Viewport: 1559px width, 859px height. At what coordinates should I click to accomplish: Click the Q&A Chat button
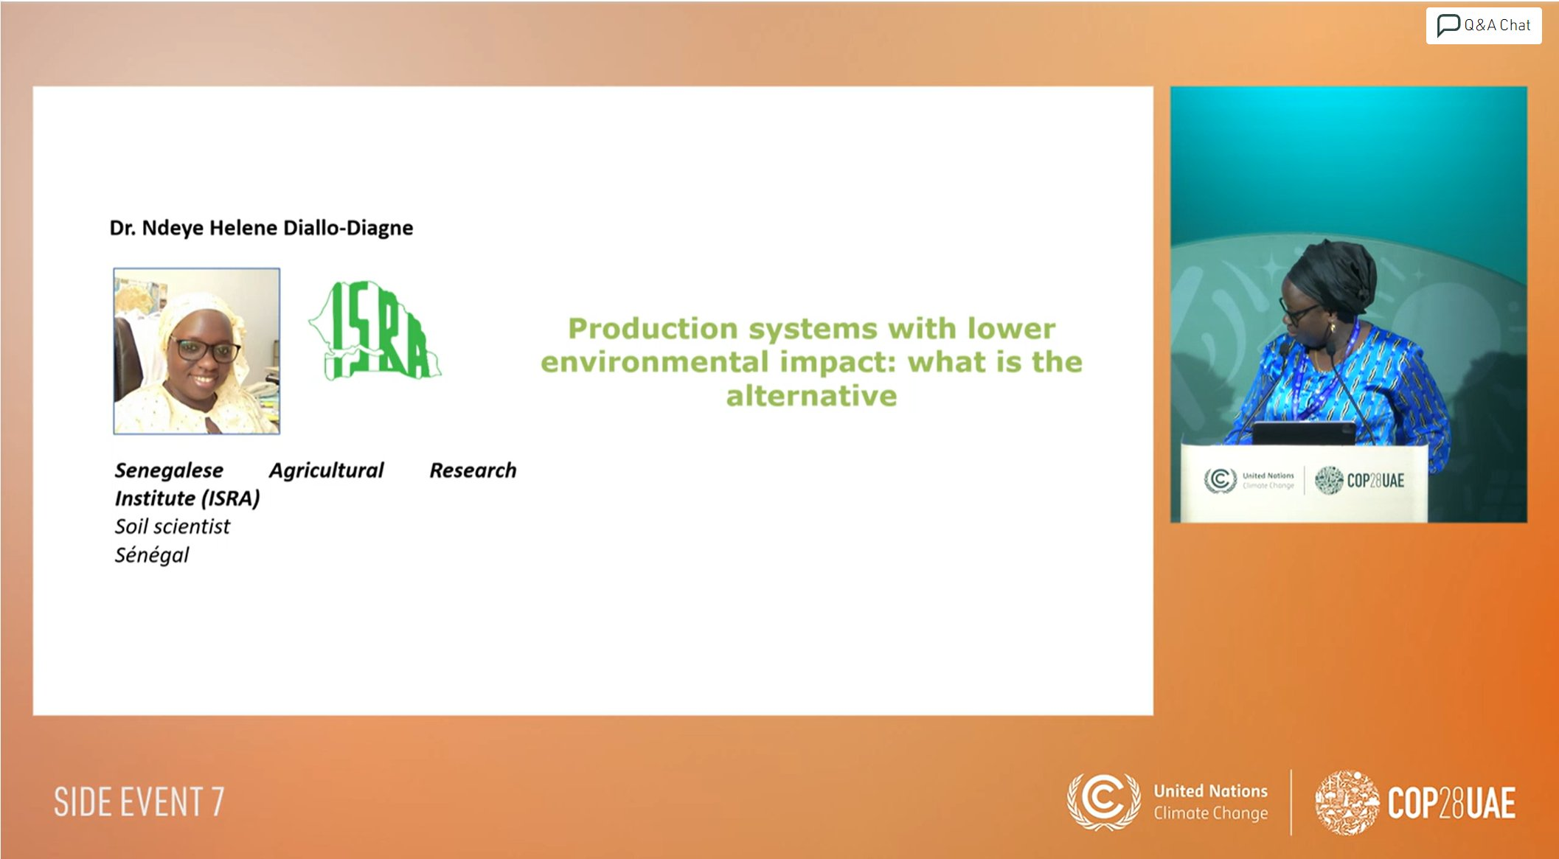click(1483, 26)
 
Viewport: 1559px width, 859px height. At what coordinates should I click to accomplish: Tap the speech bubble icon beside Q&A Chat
click(1448, 25)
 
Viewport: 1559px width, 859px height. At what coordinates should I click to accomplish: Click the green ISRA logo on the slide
click(375, 330)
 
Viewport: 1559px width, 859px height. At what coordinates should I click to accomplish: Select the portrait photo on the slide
click(197, 351)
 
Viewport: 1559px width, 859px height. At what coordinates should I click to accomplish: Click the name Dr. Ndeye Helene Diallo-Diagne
click(261, 228)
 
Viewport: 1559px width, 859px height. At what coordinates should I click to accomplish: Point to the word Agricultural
click(326, 470)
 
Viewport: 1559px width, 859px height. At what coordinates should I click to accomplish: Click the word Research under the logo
click(473, 470)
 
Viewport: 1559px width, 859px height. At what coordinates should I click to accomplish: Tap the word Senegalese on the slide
click(169, 470)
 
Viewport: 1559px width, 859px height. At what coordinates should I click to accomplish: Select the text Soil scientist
click(172, 526)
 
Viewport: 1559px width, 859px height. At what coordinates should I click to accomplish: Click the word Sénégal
click(151, 554)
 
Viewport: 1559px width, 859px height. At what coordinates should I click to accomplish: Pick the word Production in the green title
click(653, 329)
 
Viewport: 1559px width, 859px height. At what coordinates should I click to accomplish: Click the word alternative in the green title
click(812, 396)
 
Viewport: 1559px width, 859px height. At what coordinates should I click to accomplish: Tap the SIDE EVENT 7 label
click(139, 802)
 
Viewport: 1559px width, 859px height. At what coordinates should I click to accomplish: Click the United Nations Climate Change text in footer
click(1210, 802)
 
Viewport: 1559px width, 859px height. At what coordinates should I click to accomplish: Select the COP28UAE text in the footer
click(1451, 803)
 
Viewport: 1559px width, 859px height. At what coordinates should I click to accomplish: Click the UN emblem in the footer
click(1104, 801)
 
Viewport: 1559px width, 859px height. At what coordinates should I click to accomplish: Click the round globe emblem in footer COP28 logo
click(1347, 802)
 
